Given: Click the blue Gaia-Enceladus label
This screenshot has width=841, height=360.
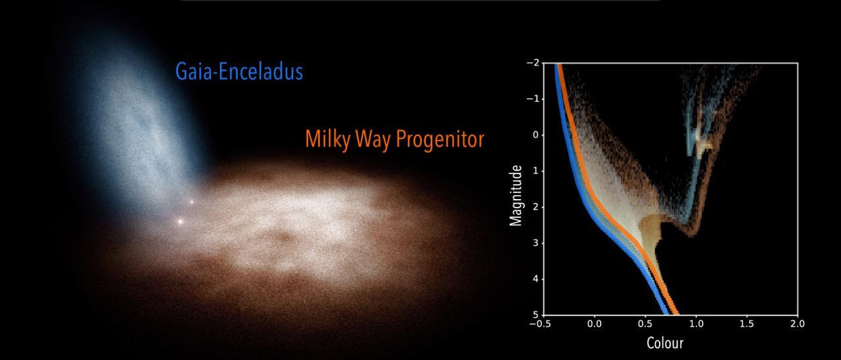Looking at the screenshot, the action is click(239, 72).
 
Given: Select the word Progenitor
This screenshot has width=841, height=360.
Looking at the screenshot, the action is click(440, 140).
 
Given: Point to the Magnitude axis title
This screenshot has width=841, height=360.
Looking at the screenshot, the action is click(516, 196).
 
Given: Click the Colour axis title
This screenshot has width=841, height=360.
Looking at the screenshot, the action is click(665, 343).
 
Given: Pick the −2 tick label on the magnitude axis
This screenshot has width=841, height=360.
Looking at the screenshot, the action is click(533, 62).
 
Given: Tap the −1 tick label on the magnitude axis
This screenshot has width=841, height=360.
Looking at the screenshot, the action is click(533, 99).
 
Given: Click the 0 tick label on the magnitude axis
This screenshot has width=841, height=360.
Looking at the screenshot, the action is click(535, 135).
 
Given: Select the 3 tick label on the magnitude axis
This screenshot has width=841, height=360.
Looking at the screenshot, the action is click(535, 243).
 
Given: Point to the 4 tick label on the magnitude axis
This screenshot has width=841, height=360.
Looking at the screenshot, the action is click(535, 279).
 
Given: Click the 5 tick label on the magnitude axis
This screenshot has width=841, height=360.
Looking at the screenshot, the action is click(535, 315).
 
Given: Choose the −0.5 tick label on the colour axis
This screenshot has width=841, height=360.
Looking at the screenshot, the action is click(540, 324).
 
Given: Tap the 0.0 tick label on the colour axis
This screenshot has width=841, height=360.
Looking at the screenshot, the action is click(595, 324).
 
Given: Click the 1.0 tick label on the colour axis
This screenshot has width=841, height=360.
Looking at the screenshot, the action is click(696, 324).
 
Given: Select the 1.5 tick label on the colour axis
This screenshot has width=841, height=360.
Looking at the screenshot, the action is click(747, 324).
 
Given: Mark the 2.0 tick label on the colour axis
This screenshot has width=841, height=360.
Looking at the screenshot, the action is click(798, 324).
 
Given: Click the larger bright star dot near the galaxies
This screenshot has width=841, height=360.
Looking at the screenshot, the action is click(180, 221).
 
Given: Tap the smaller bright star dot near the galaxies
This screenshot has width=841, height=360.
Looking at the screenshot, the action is click(191, 202).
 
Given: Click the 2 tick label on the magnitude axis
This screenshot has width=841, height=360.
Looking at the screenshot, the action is click(535, 207).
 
